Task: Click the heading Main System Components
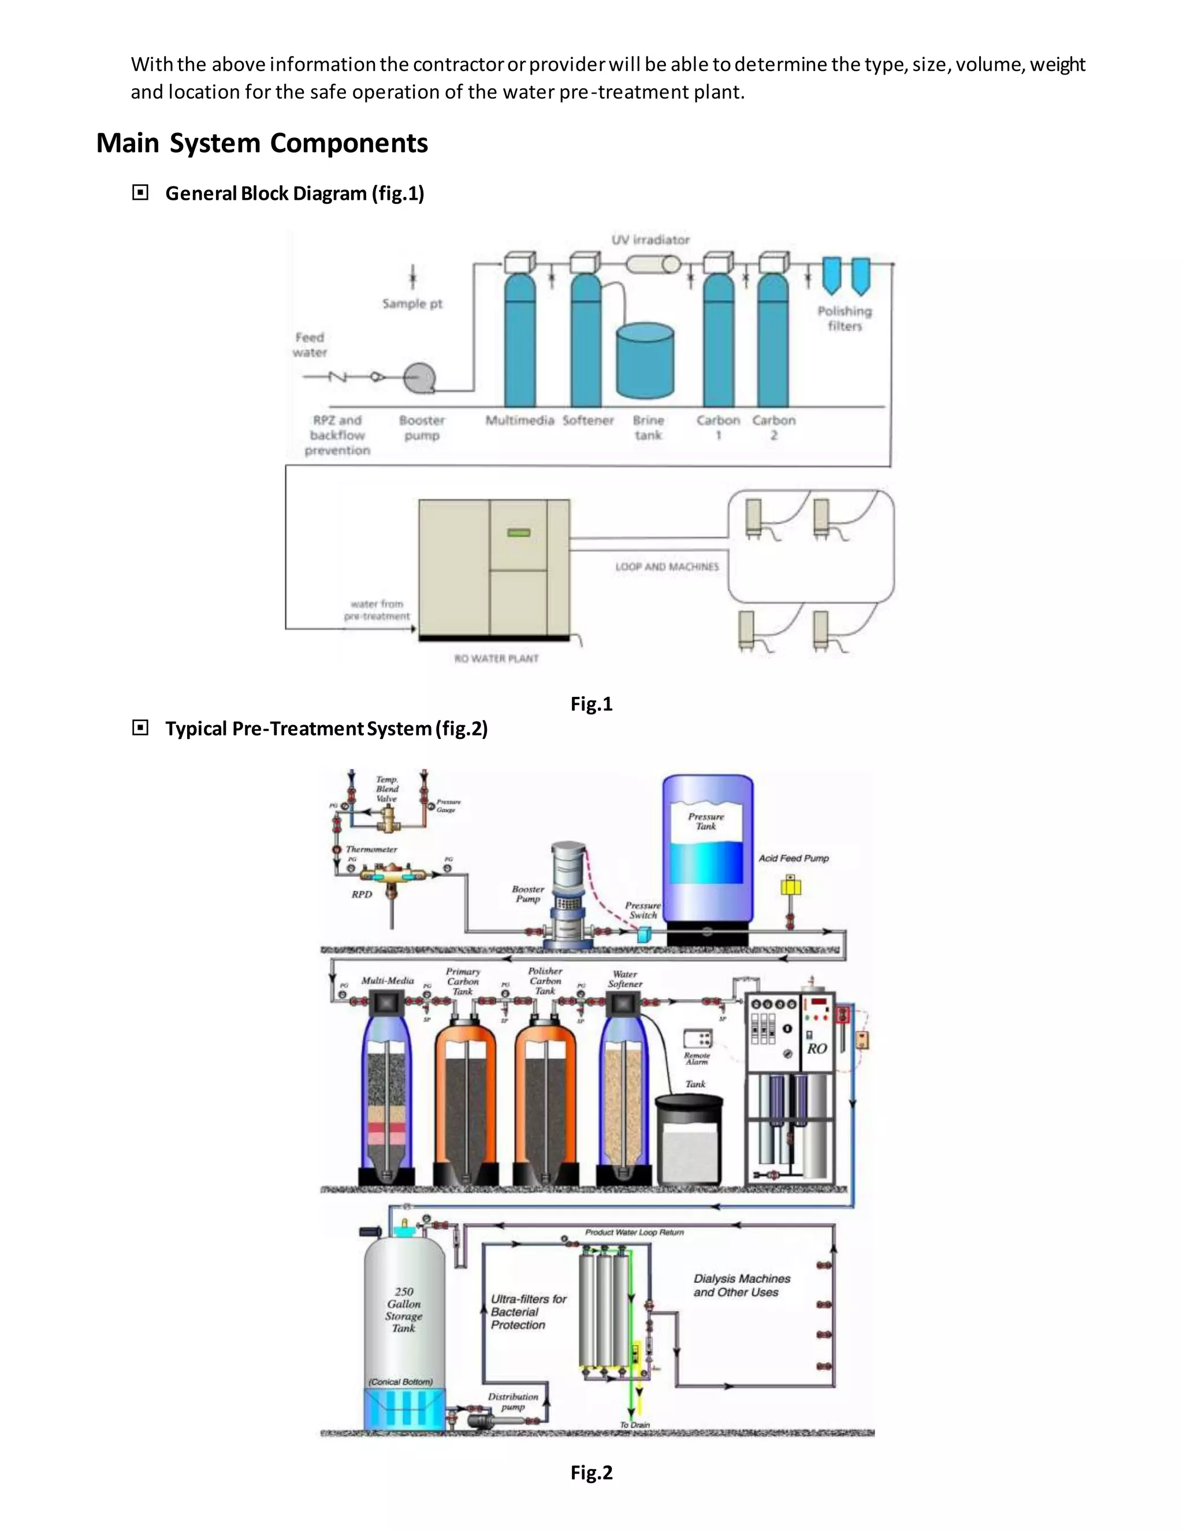point(262,143)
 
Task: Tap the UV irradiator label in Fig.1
point(650,240)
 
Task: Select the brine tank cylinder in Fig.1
point(645,361)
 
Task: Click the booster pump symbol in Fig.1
point(419,379)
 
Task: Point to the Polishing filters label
point(845,319)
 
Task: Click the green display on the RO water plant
point(519,532)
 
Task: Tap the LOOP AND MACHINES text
point(667,567)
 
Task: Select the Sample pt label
point(412,303)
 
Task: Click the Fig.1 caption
point(591,704)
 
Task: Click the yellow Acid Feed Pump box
point(791,887)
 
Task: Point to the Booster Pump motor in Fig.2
point(568,869)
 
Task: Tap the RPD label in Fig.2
point(362,894)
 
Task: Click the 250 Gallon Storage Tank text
point(404,1309)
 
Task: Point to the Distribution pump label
point(513,1401)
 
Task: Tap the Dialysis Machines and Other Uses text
point(742,1286)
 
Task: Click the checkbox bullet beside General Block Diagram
point(140,193)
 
